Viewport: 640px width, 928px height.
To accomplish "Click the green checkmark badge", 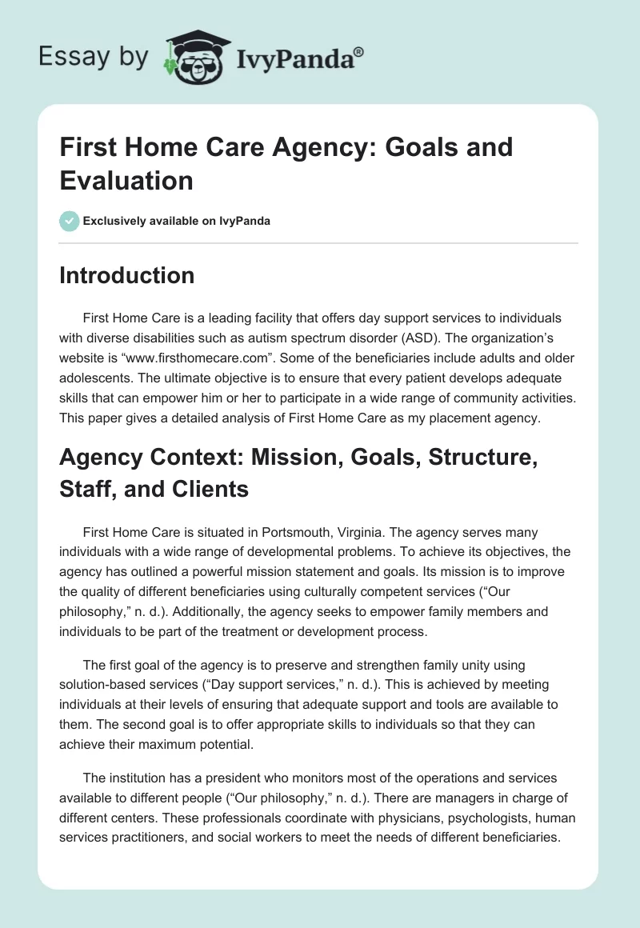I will pyautogui.click(x=69, y=221).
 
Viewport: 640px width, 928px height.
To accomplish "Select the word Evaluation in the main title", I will pyautogui.click(x=126, y=181).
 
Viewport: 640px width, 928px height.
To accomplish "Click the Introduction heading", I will pyautogui.click(x=127, y=275).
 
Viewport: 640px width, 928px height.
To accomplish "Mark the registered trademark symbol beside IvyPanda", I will pyautogui.click(x=359, y=52).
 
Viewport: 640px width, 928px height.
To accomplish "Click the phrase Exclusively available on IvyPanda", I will pyautogui.click(x=178, y=221).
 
